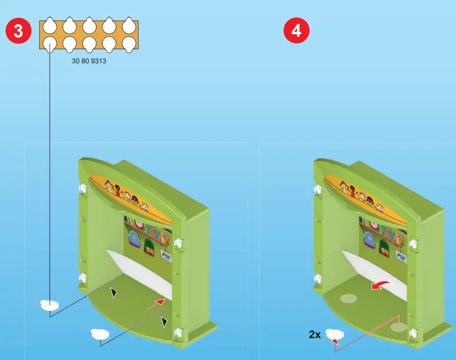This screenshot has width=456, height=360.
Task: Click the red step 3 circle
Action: (18, 31)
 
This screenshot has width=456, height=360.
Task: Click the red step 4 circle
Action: (296, 31)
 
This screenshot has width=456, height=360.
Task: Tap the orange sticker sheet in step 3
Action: (89, 35)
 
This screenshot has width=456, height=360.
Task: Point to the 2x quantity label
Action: (315, 335)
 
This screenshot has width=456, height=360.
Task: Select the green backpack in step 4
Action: (385, 247)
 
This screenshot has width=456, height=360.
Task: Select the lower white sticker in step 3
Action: (100, 334)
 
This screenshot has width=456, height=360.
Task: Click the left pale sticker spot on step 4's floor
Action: (348, 299)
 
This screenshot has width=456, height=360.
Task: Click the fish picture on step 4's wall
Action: (401, 255)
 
